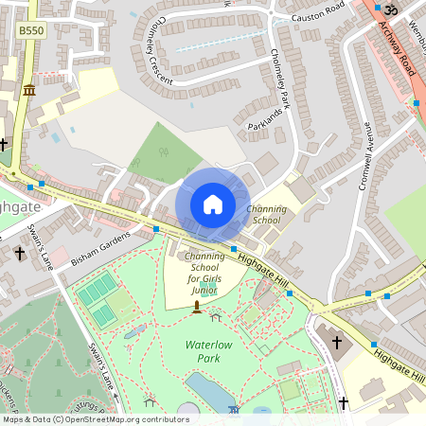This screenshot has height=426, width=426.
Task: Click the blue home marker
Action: coord(212,204)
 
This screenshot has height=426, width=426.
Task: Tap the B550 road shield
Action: coord(30,31)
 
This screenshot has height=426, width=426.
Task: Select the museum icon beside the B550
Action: coord(29,89)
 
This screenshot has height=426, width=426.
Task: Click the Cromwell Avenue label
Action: coord(365,156)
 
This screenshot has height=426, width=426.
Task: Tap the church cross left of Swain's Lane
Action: coord(20,254)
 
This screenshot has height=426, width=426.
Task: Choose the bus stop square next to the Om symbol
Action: coord(378,8)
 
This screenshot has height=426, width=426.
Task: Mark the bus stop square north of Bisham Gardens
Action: coord(155,228)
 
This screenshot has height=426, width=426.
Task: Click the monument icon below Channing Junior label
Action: coord(197,308)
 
